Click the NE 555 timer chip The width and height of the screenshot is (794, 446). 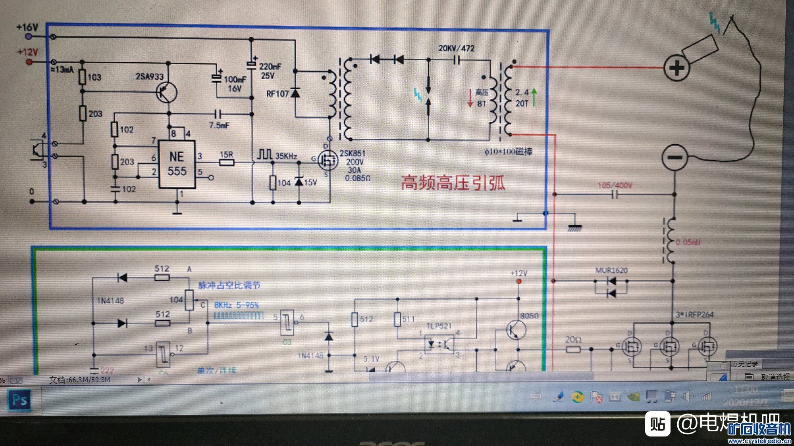tap(177, 164)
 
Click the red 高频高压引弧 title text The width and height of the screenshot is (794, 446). tap(453, 183)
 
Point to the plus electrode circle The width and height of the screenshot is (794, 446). tap(676, 68)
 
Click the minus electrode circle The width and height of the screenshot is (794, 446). tap(675, 157)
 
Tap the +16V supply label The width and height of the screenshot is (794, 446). tap(27, 27)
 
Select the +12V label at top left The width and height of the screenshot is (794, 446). tap(27, 52)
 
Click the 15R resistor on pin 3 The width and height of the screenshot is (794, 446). tap(227, 162)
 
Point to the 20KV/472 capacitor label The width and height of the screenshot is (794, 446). tap(456, 48)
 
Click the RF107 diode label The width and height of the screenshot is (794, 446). tap(277, 94)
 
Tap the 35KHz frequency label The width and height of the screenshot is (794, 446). tap(286, 156)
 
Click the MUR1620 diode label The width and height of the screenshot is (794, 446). tap(611, 270)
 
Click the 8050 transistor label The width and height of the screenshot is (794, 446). tap(529, 316)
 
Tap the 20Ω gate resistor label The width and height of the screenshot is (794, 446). tap(573, 340)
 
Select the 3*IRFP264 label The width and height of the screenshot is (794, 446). tap(695, 315)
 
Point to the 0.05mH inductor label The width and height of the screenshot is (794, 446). tap(688, 242)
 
